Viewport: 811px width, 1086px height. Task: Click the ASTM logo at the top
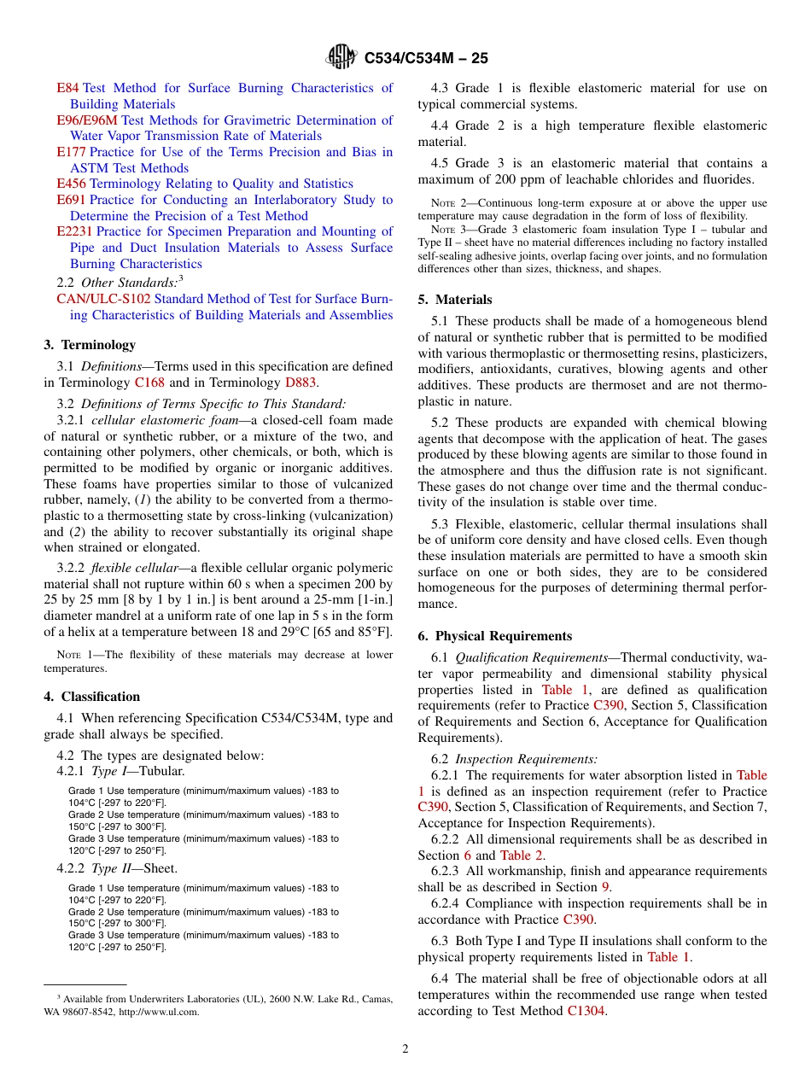tap(342, 58)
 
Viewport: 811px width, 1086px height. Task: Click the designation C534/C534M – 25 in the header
tap(426, 59)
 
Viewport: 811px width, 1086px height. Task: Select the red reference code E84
tap(67, 88)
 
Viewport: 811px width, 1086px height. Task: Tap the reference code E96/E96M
tap(87, 120)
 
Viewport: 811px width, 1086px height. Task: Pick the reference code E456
tap(71, 184)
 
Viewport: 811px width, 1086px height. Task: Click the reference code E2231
tap(74, 231)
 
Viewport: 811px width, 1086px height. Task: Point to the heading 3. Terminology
tap(90, 345)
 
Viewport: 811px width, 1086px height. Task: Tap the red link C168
tap(149, 382)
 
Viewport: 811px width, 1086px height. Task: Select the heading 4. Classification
tap(92, 697)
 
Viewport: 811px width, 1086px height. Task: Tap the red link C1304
tap(586, 1011)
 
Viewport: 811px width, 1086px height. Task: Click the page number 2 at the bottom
tap(405, 1049)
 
